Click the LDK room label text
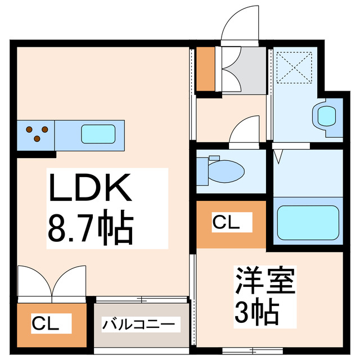(x=90, y=187)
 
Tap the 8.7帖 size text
(x=91, y=227)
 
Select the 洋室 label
(x=265, y=280)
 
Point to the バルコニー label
(x=138, y=324)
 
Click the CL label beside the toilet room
(x=226, y=222)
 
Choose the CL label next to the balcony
(x=45, y=323)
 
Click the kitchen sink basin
(x=98, y=134)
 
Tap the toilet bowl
(x=226, y=171)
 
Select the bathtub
(x=308, y=223)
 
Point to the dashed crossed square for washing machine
(x=294, y=67)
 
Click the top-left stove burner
(x=29, y=129)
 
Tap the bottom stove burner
(x=37, y=139)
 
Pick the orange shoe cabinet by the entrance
(x=206, y=69)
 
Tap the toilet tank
(x=202, y=171)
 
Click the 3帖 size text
(x=256, y=312)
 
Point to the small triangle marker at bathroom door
(x=278, y=156)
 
